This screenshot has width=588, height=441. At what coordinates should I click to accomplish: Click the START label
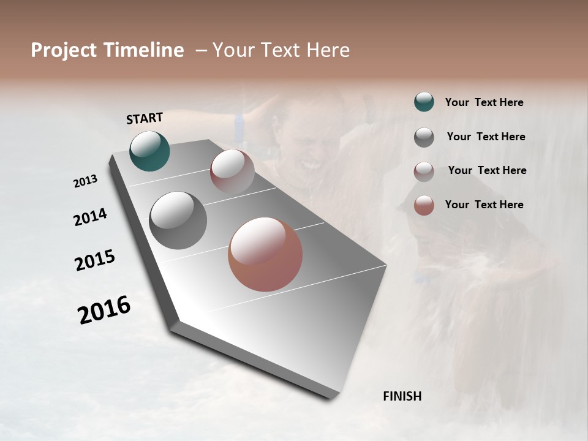pos(145,118)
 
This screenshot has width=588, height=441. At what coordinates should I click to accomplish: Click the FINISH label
pos(402,396)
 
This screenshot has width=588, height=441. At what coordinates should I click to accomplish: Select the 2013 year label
pos(85,181)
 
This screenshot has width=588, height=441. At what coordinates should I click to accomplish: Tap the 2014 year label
pos(90,217)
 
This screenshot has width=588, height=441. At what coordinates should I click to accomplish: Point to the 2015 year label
pos(94,260)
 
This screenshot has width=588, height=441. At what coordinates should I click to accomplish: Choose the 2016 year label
pos(104,309)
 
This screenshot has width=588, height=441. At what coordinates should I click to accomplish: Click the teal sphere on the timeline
pos(149,151)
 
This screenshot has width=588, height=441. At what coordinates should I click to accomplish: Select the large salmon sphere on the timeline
pos(265,254)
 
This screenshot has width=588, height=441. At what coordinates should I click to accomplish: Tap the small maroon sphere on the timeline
pos(232,171)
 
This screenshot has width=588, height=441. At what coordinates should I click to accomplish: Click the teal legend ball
pos(424,102)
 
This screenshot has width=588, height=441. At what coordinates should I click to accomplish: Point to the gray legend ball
pos(424,137)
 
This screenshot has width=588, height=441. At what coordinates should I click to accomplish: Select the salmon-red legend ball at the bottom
pos(424,205)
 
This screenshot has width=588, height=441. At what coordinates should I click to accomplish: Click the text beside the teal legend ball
pos(484,102)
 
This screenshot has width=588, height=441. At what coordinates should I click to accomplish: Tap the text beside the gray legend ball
pos(486,137)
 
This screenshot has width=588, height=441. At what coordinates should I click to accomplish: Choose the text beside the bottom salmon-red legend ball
pos(484,205)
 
